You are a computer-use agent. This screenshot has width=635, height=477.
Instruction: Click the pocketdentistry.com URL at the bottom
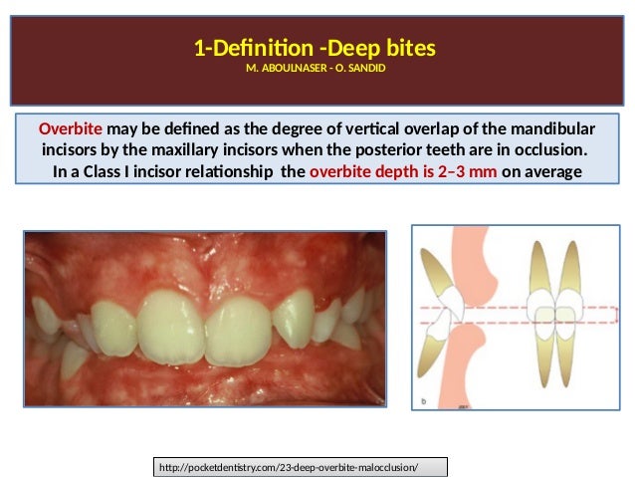[x=302, y=466]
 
